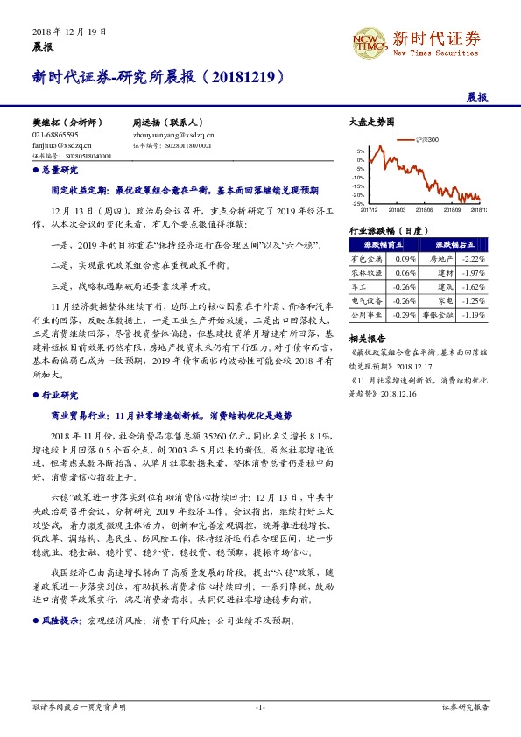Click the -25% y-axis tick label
(x=359, y=203)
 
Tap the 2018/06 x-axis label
(x=425, y=209)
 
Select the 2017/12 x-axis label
(x=368, y=209)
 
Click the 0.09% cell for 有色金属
(x=404, y=259)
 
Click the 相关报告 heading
(x=366, y=337)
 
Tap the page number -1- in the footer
(x=260, y=706)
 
